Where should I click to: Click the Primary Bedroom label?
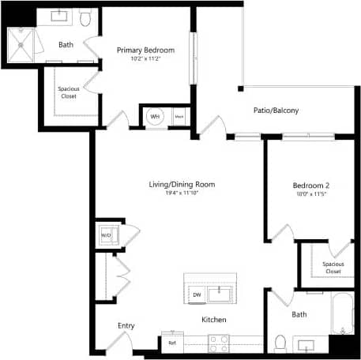click(x=145, y=51)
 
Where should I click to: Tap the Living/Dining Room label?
click(x=182, y=185)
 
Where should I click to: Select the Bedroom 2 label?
click(x=310, y=186)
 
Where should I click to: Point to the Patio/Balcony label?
click(x=276, y=111)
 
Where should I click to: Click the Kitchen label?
click(x=214, y=320)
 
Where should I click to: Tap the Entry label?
click(x=126, y=325)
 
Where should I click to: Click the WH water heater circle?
click(x=155, y=117)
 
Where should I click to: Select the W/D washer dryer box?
click(x=106, y=235)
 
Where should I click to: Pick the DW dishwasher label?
click(x=197, y=295)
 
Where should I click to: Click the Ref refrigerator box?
click(x=172, y=342)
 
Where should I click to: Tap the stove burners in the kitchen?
click(x=219, y=342)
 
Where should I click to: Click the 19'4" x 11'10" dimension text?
click(x=182, y=194)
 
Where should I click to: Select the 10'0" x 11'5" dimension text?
click(x=310, y=195)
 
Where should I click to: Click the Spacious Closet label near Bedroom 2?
click(x=333, y=268)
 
